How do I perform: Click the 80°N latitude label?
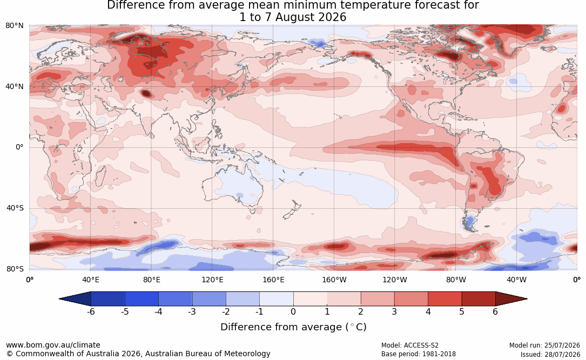(15, 26)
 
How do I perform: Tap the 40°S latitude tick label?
(15, 208)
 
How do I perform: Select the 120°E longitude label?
(212, 280)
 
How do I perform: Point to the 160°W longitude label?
(334, 280)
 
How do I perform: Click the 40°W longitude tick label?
(516, 280)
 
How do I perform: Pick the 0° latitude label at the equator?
(19, 147)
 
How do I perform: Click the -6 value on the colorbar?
(91, 311)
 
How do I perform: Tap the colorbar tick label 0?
(293, 311)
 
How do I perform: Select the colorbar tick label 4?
(428, 311)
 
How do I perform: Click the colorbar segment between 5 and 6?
(479, 299)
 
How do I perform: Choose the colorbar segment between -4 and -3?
(176, 299)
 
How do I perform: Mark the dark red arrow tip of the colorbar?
(527, 299)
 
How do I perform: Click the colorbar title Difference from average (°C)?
(293, 327)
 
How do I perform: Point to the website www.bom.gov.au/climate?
(53, 345)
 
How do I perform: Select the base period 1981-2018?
(438, 354)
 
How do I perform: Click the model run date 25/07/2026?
(563, 345)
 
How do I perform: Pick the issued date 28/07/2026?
(563, 354)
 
